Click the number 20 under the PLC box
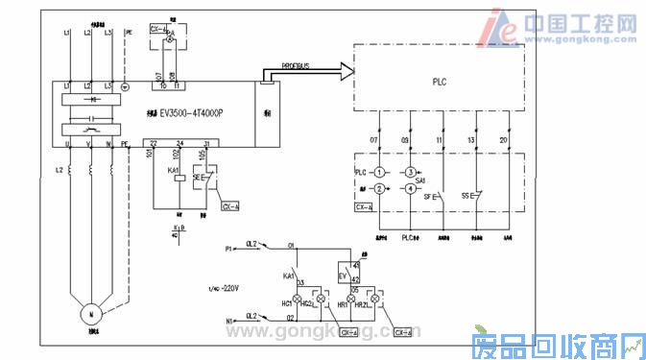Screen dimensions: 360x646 (503, 141)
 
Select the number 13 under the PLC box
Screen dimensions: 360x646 (471, 141)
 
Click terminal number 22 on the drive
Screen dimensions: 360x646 (154, 143)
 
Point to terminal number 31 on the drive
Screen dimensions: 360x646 (205, 143)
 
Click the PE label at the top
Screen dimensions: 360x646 (127, 33)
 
